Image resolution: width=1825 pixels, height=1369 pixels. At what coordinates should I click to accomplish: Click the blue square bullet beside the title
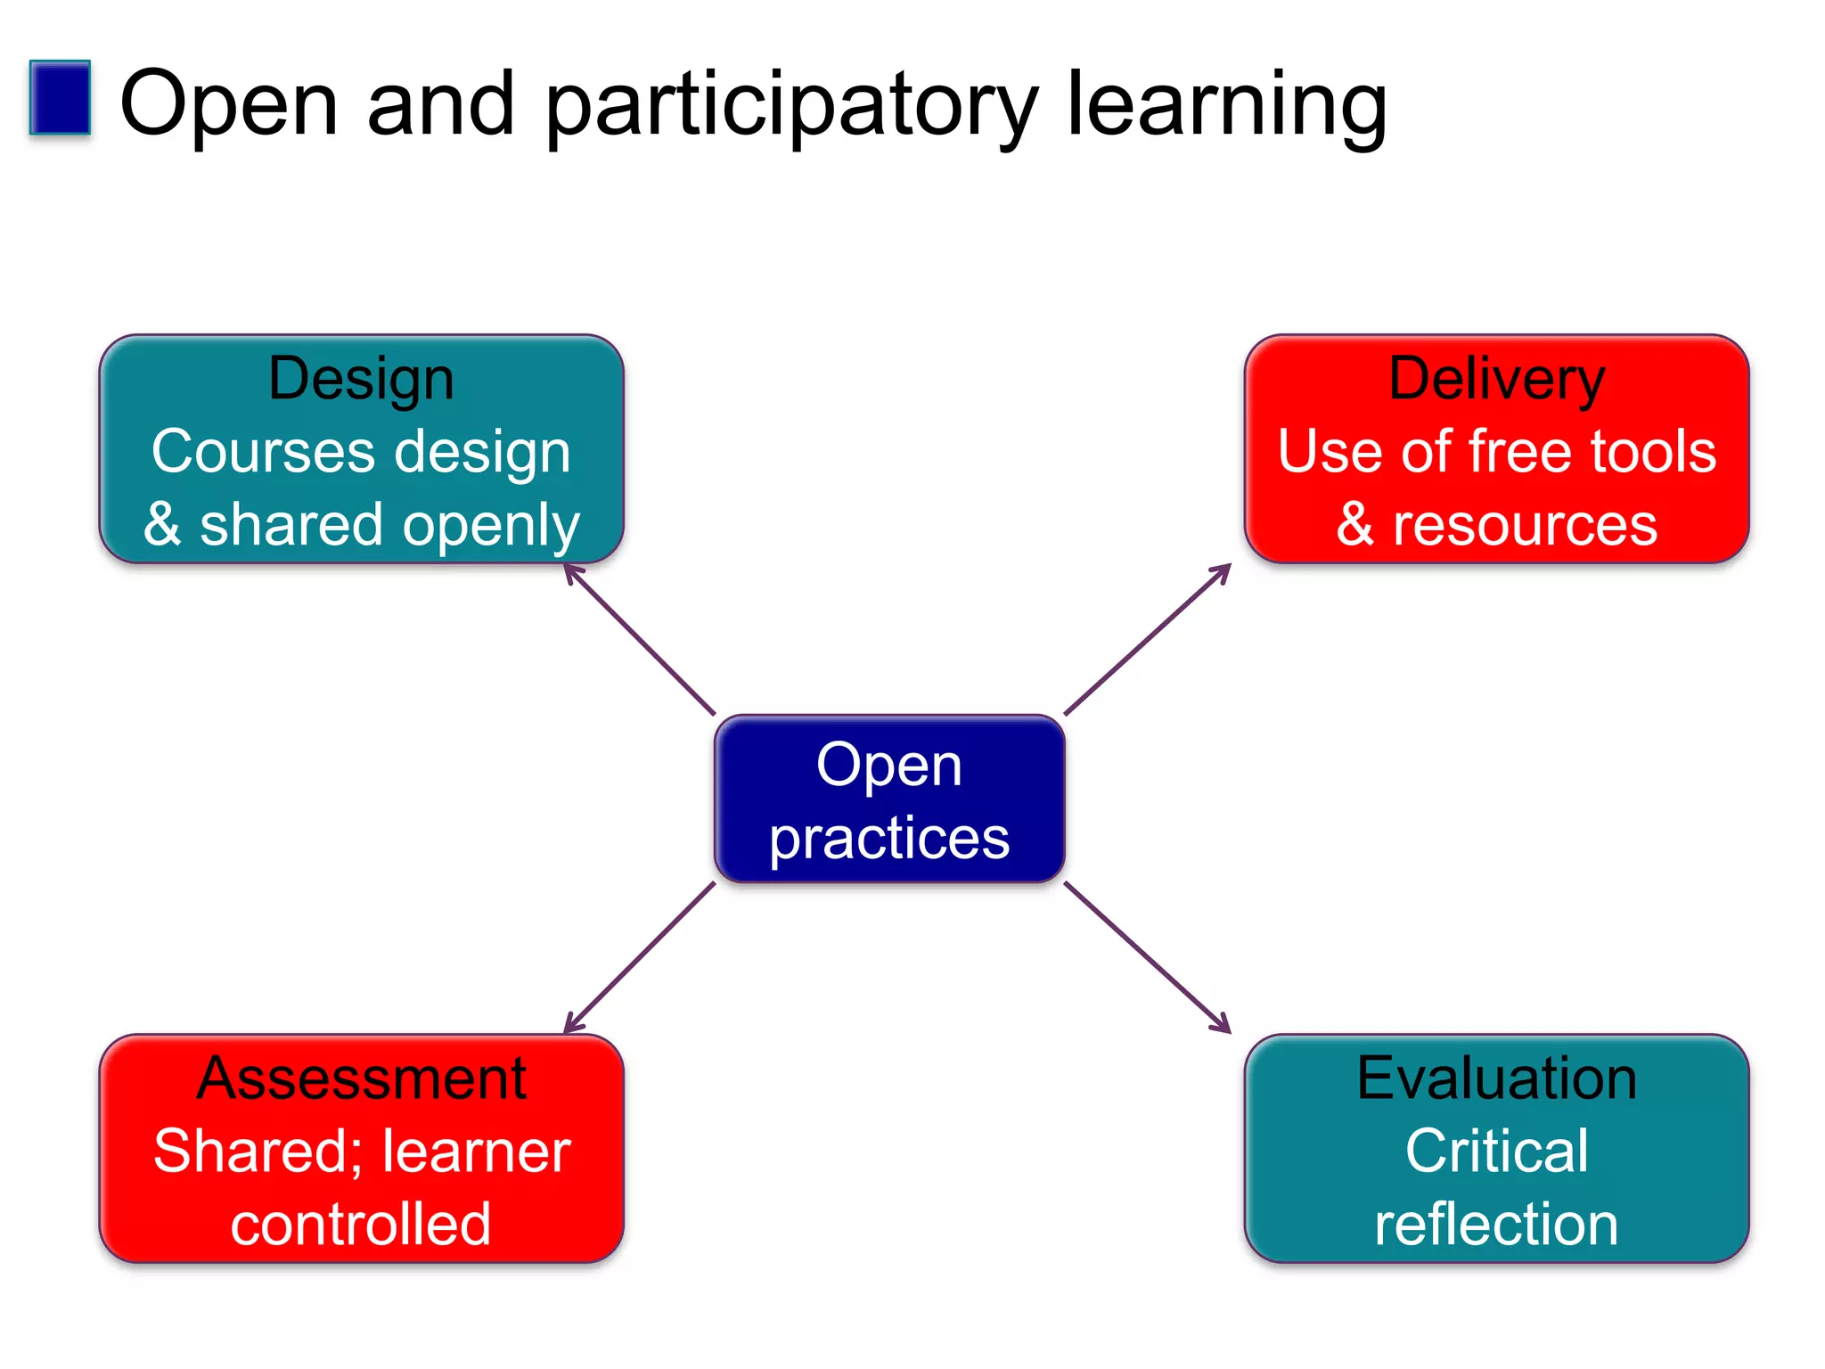(60, 98)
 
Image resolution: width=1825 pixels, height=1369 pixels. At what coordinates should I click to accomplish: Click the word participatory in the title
(790, 107)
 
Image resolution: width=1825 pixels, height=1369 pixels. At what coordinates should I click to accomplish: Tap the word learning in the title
(1226, 107)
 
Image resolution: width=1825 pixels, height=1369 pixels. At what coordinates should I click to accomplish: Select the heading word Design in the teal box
(361, 380)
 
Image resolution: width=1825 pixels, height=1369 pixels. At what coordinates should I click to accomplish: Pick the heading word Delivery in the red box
(1496, 380)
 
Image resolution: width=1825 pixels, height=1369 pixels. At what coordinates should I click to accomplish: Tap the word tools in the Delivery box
(1653, 451)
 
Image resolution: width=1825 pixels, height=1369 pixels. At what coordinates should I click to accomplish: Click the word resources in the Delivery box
(1525, 524)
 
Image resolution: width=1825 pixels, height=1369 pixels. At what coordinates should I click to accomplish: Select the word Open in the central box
(888, 766)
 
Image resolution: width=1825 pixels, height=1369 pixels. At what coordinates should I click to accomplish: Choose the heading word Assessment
(361, 1078)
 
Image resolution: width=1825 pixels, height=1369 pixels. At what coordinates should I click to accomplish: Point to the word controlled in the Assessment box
(361, 1224)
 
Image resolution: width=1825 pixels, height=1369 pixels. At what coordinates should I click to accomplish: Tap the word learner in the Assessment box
(477, 1152)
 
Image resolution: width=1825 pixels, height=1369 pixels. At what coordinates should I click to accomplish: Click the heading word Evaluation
(1496, 1078)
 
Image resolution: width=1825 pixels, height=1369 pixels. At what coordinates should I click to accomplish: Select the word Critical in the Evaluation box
(1496, 1152)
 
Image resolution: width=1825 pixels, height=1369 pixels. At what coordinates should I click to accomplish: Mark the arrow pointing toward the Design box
(640, 639)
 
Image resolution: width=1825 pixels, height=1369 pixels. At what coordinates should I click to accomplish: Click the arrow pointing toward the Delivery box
(1148, 639)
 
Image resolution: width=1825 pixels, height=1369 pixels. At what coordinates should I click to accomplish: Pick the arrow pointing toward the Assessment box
(640, 958)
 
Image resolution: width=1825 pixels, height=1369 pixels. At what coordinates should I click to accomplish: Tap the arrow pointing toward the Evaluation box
(1148, 958)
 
